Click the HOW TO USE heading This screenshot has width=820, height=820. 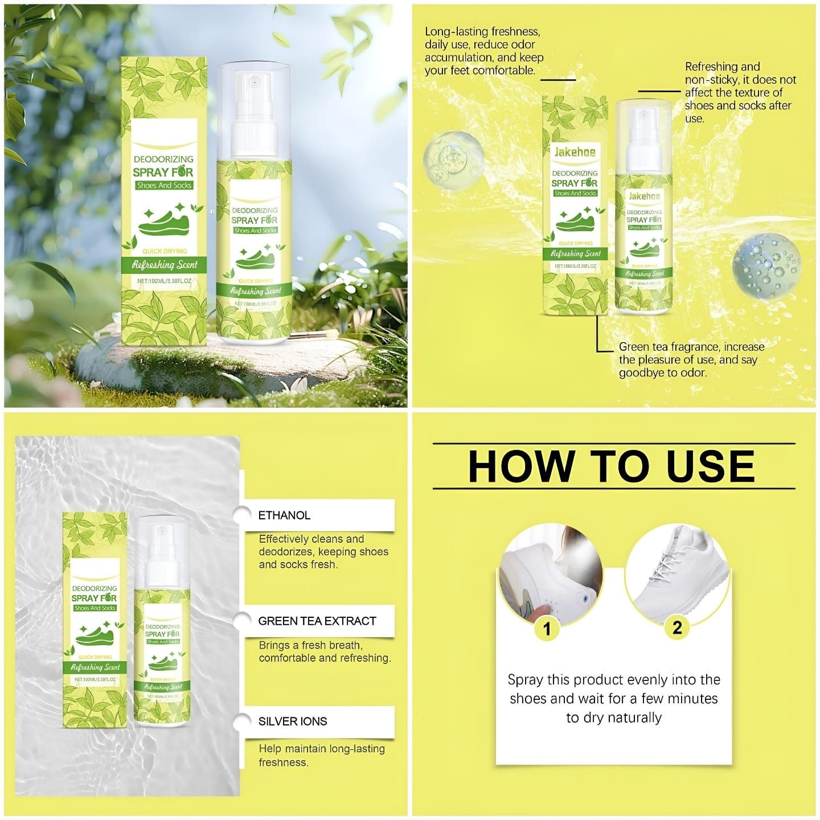pyautogui.click(x=612, y=466)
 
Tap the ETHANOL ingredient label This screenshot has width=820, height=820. pyautogui.click(x=284, y=515)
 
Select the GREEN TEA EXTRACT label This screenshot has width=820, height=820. pyautogui.click(x=317, y=621)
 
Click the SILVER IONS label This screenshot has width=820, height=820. pyautogui.click(x=292, y=721)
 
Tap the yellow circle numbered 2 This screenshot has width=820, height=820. pyautogui.click(x=677, y=627)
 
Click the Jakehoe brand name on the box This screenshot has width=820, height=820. pyautogui.click(x=575, y=152)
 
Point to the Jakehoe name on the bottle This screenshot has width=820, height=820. pyautogui.click(x=645, y=196)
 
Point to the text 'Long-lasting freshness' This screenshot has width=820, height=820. pyautogui.click(x=482, y=32)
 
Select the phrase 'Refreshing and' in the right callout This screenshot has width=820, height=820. pyautogui.click(x=722, y=67)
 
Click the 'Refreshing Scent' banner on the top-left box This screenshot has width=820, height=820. pyautogui.click(x=165, y=264)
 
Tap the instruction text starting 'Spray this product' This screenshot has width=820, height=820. pyautogui.click(x=613, y=698)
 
